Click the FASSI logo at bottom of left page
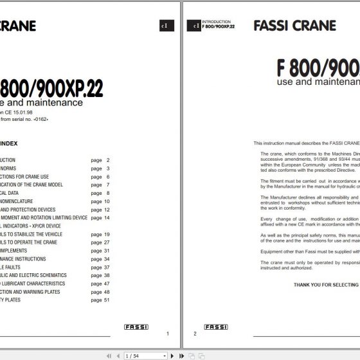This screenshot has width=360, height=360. pos(136,327)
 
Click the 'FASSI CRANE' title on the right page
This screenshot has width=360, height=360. pos(294,26)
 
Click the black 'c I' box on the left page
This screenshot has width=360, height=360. pos(163,26)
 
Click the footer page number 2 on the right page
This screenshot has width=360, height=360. pos(195,334)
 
